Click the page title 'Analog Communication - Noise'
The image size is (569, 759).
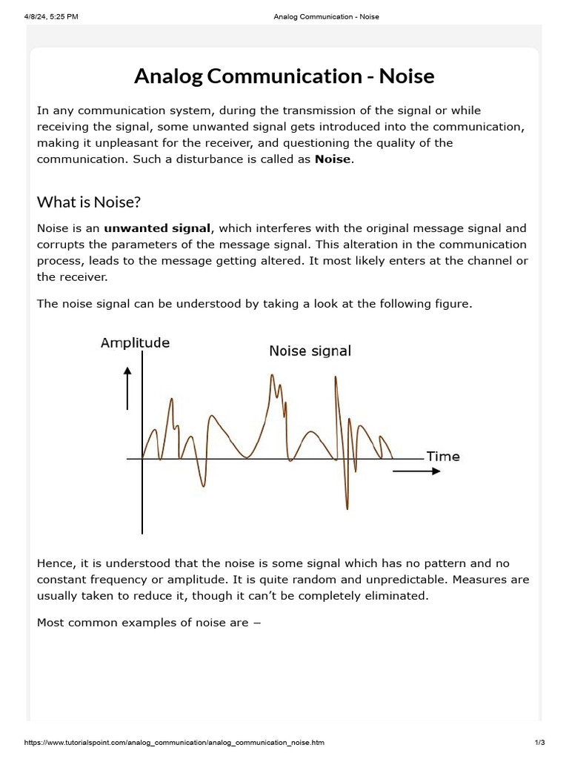pos(284,76)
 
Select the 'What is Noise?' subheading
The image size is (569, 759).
pos(89,202)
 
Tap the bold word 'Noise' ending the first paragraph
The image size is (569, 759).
pos(333,159)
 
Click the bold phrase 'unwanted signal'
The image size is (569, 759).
pos(157,228)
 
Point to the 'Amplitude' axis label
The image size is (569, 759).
pos(135,342)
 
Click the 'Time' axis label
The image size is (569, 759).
pos(442,457)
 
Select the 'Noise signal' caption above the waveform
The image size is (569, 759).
pos(310,351)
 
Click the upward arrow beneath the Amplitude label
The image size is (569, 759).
pos(128,388)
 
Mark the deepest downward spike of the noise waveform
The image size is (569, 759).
pos(346,507)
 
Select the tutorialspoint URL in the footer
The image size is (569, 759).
pos(174,743)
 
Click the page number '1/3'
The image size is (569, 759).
pos(539,743)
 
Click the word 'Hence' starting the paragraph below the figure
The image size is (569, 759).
pos(55,563)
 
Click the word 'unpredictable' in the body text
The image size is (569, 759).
pos(393,580)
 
